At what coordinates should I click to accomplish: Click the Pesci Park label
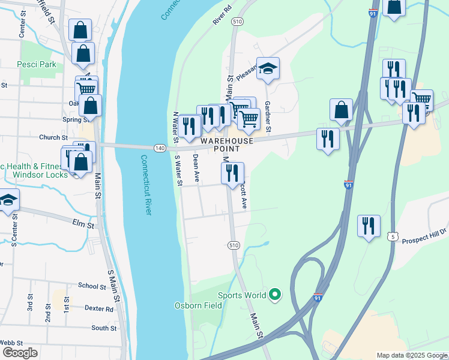pyautogui.click(x=37, y=64)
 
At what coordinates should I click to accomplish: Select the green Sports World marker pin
pyautogui.click(x=275, y=294)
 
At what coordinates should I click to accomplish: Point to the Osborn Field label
pyautogui.click(x=198, y=305)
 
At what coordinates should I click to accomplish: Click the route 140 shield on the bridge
pyautogui.click(x=159, y=148)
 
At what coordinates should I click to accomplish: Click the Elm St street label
pyautogui.click(x=83, y=226)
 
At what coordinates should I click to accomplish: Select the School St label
pyautogui.click(x=91, y=286)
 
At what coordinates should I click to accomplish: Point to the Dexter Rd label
pyautogui.click(x=99, y=309)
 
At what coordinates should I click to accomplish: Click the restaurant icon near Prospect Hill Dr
pyautogui.click(x=369, y=226)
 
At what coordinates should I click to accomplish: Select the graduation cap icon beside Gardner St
pyautogui.click(x=268, y=68)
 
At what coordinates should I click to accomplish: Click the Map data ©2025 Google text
pyautogui.click(x=411, y=355)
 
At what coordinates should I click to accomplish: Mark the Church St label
pyautogui.click(x=49, y=137)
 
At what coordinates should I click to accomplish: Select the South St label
pyautogui.click(x=104, y=328)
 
